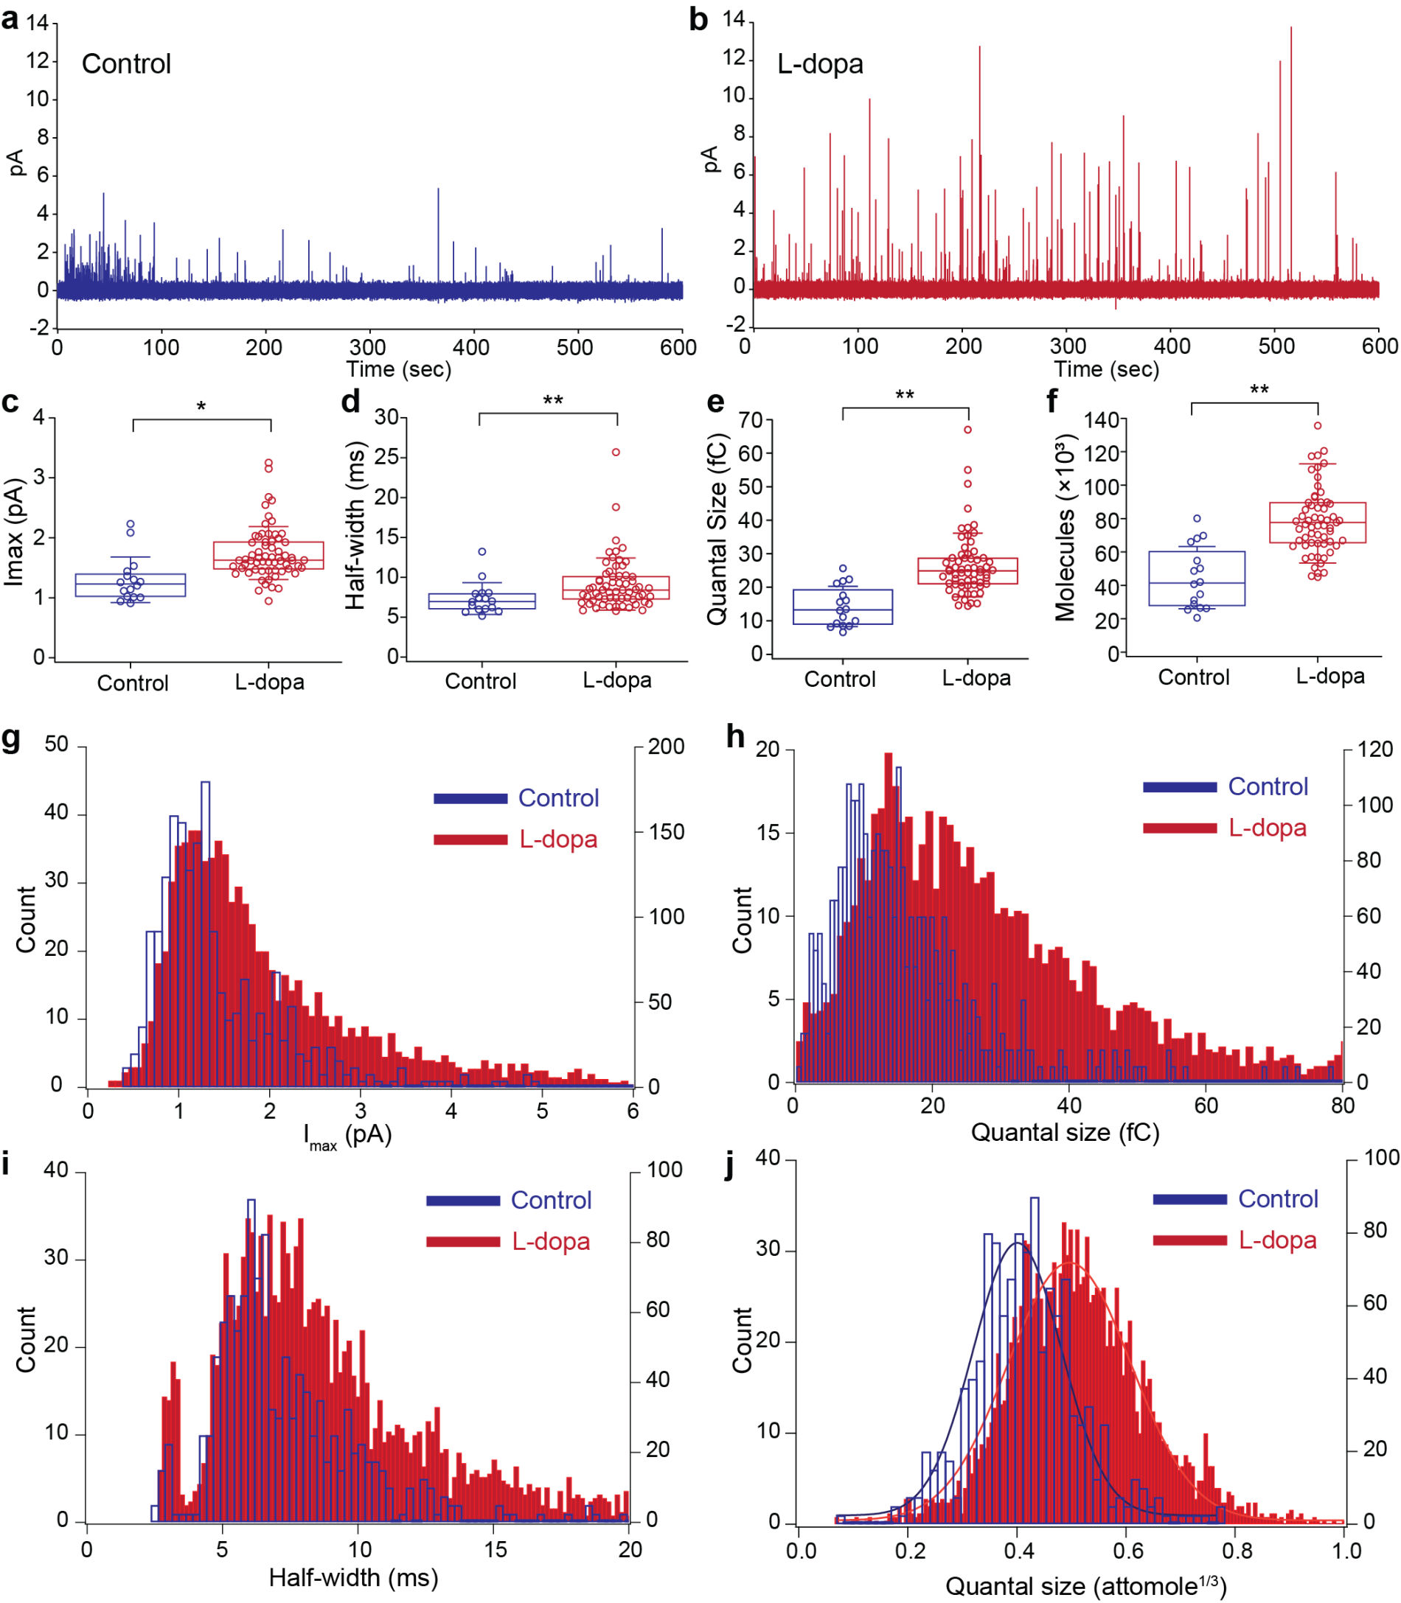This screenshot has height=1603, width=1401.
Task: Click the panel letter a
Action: point(10,18)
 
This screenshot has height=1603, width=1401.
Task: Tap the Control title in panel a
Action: point(126,64)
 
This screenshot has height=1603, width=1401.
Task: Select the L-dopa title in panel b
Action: point(820,64)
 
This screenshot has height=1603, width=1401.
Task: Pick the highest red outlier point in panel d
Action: point(616,452)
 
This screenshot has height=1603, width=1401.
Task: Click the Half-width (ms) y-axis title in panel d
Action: point(355,525)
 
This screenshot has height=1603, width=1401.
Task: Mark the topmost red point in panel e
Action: point(968,429)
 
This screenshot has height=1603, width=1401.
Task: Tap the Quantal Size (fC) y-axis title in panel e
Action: point(716,529)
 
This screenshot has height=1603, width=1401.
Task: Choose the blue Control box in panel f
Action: point(1197,579)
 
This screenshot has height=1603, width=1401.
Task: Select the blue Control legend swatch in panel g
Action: point(470,798)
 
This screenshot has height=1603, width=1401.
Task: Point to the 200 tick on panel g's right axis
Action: point(666,747)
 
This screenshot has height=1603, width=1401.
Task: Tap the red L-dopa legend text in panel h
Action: point(1268,828)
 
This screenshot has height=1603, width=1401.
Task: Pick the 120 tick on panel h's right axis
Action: point(1375,750)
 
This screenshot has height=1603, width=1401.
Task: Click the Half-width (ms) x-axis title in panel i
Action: point(353,1577)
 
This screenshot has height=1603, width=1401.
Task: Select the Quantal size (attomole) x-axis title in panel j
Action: point(1086,1585)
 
